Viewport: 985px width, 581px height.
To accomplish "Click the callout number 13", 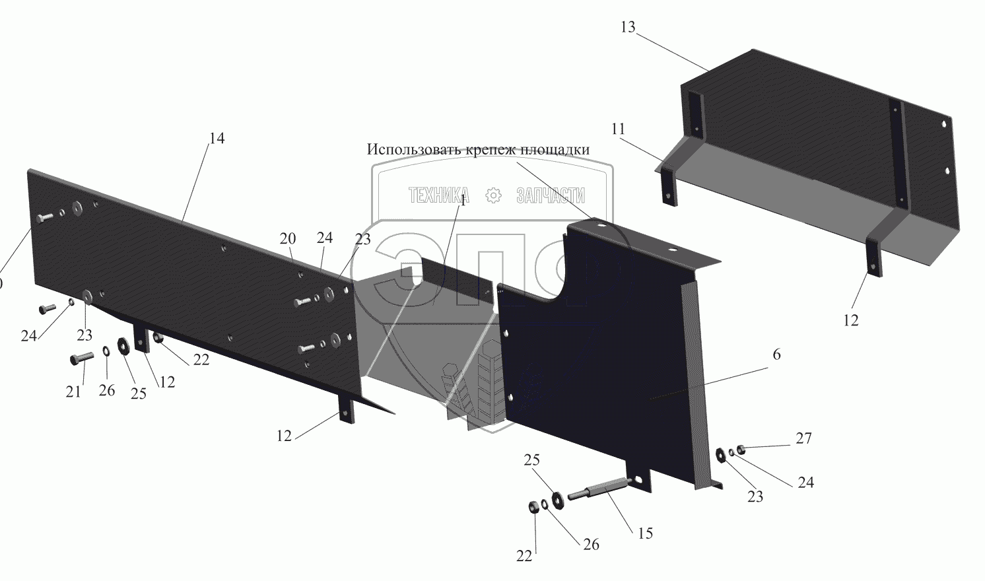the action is tap(628, 27).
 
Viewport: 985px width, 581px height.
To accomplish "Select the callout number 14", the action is tap(217, 139).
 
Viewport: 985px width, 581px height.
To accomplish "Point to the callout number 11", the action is tap(618, 129).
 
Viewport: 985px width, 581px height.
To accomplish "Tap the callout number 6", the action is tap(776, 355).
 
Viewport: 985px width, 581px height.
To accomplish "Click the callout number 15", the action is tap(645, 533).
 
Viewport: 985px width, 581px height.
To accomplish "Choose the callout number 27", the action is tap(803, 438).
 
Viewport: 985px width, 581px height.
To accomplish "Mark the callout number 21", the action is tap(73, 392).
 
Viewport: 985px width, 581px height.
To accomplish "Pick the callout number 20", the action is tap(287, 239).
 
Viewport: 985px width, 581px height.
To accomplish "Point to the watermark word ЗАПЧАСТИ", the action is tap(551, 195).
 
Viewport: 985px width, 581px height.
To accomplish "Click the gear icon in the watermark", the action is tap(493, 195).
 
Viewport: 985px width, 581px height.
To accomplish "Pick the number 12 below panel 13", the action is tap(851, 320).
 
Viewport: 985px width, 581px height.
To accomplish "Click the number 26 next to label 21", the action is tap(107, 390).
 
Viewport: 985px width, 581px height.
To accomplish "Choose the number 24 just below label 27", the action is tap(805, 483).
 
